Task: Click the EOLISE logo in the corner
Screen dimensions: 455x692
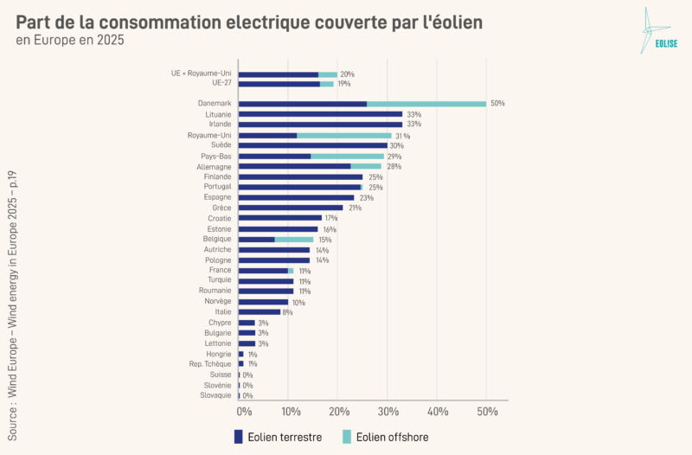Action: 654,31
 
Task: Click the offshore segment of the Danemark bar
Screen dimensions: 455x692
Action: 426,104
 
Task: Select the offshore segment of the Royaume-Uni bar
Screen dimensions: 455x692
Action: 344,135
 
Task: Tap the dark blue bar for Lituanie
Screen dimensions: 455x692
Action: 320,114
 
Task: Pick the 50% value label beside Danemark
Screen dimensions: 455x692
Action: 497,104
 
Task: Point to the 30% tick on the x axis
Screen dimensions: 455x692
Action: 388,412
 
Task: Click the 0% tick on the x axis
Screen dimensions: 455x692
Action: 244,412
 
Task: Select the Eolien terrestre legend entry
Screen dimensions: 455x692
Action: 278,437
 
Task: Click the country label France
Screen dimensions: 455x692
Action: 220,270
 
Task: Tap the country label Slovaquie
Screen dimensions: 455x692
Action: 215,395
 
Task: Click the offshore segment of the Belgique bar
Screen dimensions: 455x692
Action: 294,240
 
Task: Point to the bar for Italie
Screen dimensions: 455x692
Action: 259,311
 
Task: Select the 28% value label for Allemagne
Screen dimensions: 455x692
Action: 394,166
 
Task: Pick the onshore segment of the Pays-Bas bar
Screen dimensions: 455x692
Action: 274,156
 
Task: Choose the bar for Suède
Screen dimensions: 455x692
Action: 312,145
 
